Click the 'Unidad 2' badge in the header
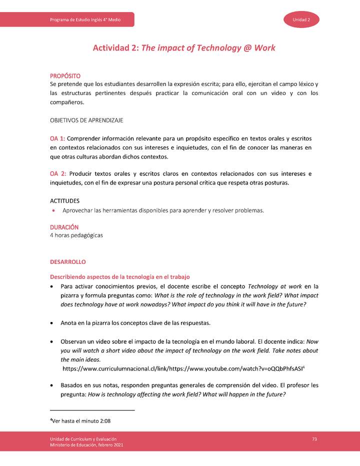click(x=301, y=19)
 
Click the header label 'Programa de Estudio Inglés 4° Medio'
click(x=85, y=19)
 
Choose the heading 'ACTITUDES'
click(x=64, y=200)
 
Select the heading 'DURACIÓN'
click(x=64, y=227)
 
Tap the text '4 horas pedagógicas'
click(x=76, y=235)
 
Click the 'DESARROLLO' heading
click(x=67, y=262)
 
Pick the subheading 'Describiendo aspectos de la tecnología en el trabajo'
click(x=119, y=277)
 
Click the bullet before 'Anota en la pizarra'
click(x=52, y=323)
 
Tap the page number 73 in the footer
click(x=314, y=438)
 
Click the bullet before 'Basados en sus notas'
click(x=52, y=385)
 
